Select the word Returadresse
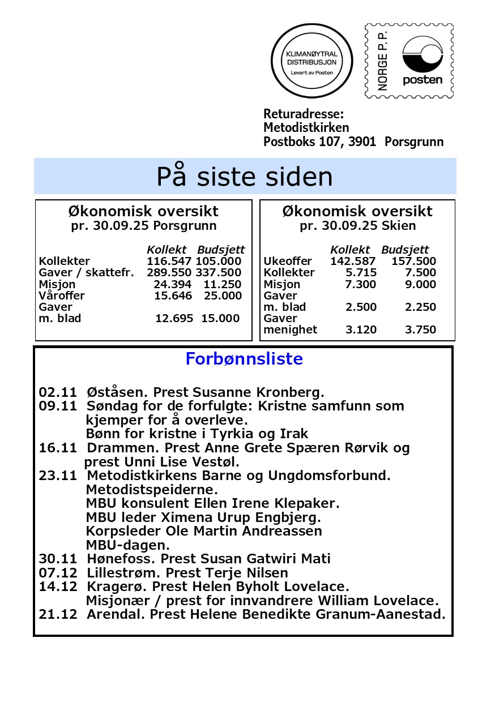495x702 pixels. pos(304,114)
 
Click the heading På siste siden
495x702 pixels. pos(245,177)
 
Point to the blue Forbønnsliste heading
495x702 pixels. pos(244,359)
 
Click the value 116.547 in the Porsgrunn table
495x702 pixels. pos(169,262)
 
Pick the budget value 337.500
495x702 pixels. pos(219,273)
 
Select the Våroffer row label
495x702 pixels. pos(62,296)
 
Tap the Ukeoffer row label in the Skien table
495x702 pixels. pos(288,262)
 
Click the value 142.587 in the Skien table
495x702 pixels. pos(353,262)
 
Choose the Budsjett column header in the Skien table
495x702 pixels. pos(405,250)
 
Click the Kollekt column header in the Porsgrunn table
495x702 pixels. pos(167,250)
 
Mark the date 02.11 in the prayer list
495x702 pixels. pos(58,392)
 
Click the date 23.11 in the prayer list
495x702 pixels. pos(58,476)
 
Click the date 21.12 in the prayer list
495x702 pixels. pos(58,614)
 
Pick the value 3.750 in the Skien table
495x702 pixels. pos(420,330)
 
